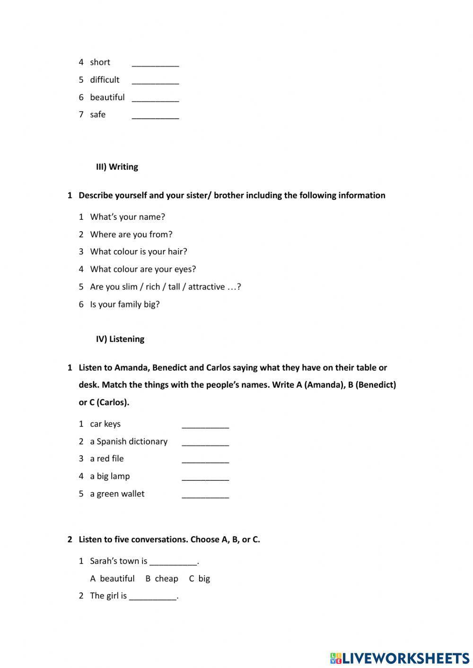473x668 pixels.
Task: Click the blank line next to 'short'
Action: coord(155,63)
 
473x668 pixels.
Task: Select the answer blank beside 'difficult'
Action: coord(155,80)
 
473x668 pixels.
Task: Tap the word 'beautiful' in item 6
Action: coord(107,97)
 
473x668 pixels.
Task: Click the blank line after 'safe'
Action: coord(155,115)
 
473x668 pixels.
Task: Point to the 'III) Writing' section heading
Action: coord(117,167)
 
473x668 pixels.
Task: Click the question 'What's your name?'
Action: coord(127,217)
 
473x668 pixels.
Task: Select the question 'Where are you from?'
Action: coord(131,234)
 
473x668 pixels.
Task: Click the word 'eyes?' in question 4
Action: coord(184,269)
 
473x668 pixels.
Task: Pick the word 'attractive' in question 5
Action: coord(206,286)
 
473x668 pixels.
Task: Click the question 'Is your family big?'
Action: coord(125,304)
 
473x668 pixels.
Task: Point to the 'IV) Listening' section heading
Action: coord(120,339)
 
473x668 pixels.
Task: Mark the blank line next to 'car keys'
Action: coord(205,425)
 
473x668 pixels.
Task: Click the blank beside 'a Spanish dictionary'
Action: coord(205,442)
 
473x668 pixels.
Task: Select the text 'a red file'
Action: coord(107,459)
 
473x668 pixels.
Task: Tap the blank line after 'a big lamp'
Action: coord(205,477)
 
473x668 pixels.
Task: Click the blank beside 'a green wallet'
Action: coord(205,494)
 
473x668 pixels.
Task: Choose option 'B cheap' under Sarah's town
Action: coord(162,579)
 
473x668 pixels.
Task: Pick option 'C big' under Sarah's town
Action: coord(200,579)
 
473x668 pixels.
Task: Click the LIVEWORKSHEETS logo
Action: coord(399,658)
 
